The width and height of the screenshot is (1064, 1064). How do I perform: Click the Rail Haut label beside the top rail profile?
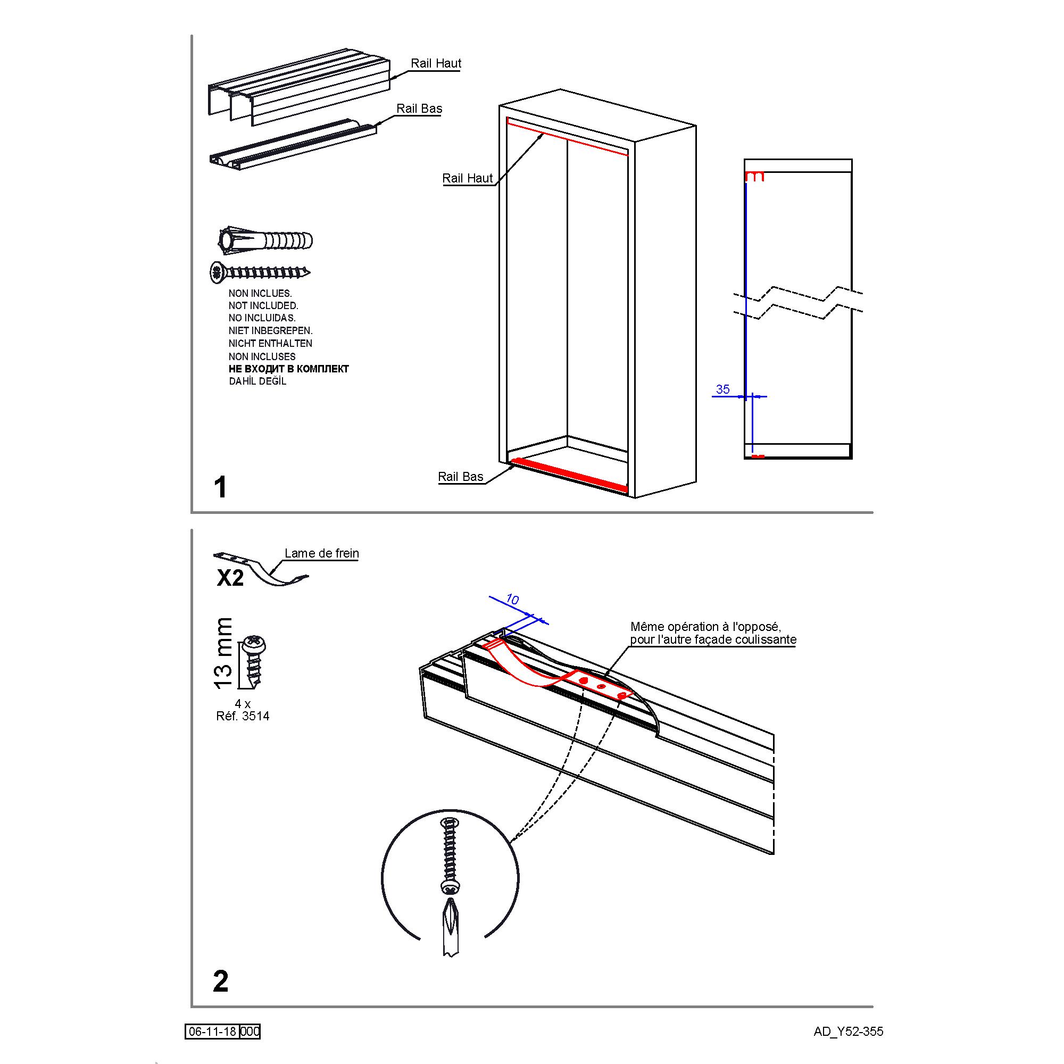[436, 63]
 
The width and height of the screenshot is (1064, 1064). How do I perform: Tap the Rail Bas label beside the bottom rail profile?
[419, 109]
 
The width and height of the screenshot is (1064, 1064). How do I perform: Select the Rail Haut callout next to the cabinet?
[468, 178]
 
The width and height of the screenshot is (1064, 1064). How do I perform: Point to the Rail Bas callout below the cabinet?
[460, 476]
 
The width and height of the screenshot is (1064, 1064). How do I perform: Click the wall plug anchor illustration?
[265, 240]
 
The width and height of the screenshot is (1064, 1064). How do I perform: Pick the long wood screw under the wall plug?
[260, 271]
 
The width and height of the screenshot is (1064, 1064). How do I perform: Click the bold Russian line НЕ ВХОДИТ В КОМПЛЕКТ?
[288, 369]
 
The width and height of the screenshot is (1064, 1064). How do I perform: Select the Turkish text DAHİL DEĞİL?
[257, 381]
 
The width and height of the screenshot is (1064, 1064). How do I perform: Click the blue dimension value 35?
[722, 389]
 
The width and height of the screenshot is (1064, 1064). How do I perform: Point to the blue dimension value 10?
[512, 599]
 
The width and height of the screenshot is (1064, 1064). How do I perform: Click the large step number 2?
[220, 981]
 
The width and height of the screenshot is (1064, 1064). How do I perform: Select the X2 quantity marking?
[230, 578]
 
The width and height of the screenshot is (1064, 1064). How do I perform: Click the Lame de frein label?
[322, 553]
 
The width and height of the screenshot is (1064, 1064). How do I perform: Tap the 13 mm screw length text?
[223, 653]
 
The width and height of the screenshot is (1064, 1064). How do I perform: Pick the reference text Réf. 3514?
[243, 716]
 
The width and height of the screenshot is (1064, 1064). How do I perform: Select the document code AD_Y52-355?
[848, 1032]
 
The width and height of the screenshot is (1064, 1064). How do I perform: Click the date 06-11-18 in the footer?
[213, 1032]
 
